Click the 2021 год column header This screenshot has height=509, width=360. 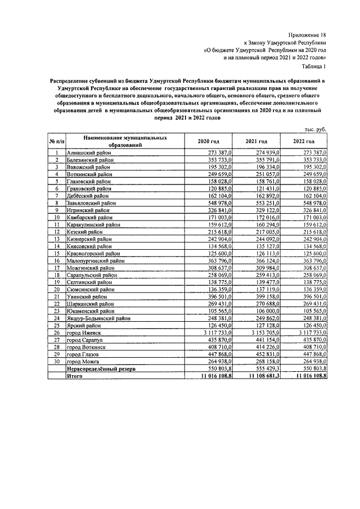256,141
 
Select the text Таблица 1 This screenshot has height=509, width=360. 312,66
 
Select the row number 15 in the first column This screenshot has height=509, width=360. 57,253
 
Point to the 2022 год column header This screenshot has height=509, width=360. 303,141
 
